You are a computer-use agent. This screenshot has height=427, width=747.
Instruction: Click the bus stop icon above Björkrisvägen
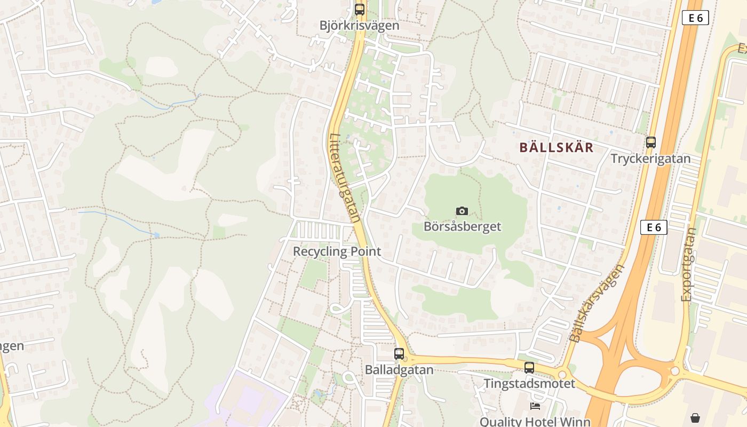360,10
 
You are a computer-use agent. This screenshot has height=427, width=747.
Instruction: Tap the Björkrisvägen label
360,25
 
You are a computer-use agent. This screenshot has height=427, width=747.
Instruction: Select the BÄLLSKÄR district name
557,148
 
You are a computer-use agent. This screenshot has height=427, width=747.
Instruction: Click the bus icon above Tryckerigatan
650,143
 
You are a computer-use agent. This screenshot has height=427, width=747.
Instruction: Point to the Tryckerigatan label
650,159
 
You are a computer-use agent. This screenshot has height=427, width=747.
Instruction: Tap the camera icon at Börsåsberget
462,211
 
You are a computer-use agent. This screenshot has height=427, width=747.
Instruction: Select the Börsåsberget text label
462,226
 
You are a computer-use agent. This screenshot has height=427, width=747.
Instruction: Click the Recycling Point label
337,251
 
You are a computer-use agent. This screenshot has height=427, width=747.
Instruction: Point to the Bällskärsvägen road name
596,303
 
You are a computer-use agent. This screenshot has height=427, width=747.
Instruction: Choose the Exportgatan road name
689,265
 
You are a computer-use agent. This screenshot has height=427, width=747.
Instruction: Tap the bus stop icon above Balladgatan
399,353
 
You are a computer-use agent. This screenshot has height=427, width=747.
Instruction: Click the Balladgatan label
399,369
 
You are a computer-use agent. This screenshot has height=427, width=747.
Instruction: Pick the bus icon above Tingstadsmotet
529,368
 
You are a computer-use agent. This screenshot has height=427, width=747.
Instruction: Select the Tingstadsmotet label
529,383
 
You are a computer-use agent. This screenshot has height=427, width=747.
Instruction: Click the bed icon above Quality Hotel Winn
535,406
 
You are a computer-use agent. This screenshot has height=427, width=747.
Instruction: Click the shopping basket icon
695,417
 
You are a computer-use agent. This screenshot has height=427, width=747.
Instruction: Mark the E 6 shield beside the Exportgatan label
654,227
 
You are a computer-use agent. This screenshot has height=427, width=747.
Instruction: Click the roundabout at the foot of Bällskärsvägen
561,374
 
